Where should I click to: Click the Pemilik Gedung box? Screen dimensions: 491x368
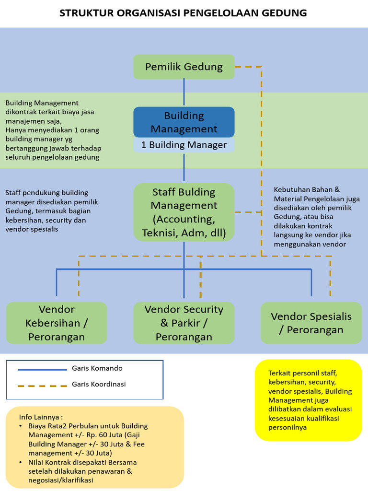184,67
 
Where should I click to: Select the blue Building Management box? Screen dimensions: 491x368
184,122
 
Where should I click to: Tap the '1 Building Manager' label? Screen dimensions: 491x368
184,145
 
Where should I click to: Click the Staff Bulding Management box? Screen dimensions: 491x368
184,212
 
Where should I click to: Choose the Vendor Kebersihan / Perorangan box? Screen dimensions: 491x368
57,323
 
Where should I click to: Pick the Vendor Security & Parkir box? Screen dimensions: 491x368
184,323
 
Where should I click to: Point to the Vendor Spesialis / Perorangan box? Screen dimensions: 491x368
311,323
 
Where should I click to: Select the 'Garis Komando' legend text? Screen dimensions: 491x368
97,368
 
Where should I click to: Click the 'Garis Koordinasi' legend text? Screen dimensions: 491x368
99,384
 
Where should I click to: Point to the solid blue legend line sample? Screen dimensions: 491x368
42,369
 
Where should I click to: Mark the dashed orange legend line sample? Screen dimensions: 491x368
42,385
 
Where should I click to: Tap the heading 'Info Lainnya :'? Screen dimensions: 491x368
41,416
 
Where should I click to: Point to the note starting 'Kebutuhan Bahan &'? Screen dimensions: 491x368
316,217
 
